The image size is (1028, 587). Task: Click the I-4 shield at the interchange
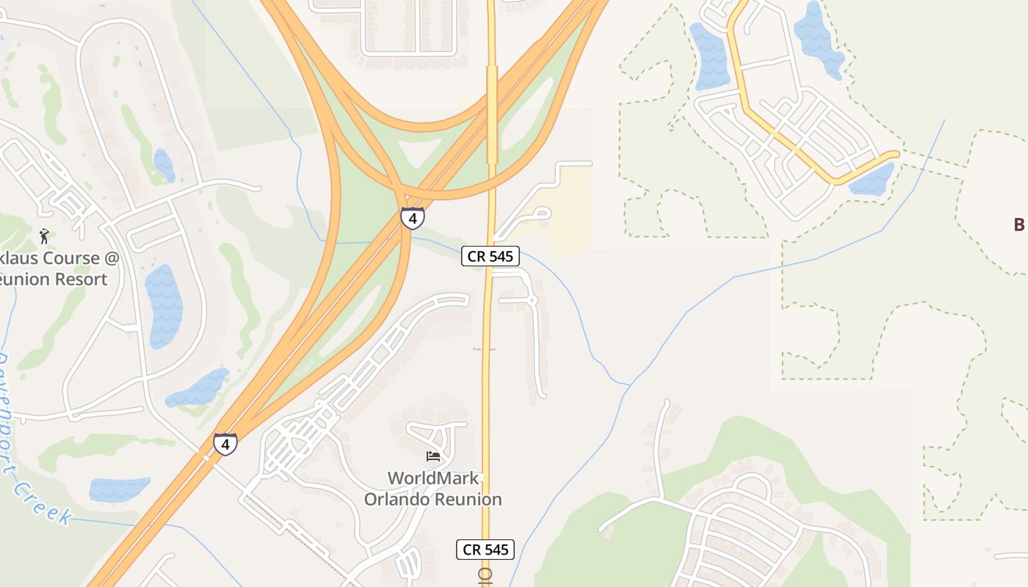pyautogui.click(x=412, y=218)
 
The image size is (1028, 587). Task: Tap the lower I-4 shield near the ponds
pyautogui.click(x=225, y=444)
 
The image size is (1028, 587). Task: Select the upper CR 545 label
pyautogui.click(x=491, y=256)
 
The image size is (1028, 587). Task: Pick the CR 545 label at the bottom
pyautogui.click(x=485, y=549)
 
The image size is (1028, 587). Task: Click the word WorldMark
pyautogui.click(x=433, y=478)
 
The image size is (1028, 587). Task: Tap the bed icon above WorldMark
pyautogui.click(x=433, y=456)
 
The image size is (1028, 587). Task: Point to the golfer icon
pyautogui.click(x=44, y=236)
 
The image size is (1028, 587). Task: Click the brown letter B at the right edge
pyautogui.click(x=1018, y=225)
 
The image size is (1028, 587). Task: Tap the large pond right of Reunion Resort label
pyautogui.click(x=164, y=305)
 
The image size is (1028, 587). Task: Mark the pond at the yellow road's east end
pyautogui.click(x=872, y=181)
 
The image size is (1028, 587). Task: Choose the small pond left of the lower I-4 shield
pyautogui.click(x=119, y=489)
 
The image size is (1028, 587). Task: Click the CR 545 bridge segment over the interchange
pyautogui.click(x=492, y=114)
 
